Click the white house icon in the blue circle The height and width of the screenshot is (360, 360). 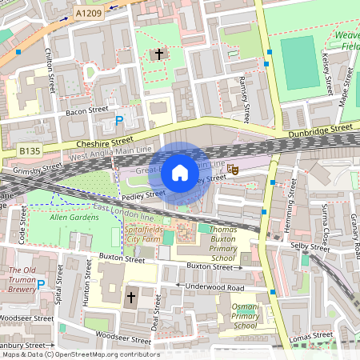[180, 172]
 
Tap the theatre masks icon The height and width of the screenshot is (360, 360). [233, 169]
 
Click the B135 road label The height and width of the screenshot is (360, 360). [30, 150]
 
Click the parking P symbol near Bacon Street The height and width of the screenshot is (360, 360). [119, 121]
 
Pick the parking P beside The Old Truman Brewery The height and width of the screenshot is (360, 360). [40, 283]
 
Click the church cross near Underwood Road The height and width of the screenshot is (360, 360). [131, 298]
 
